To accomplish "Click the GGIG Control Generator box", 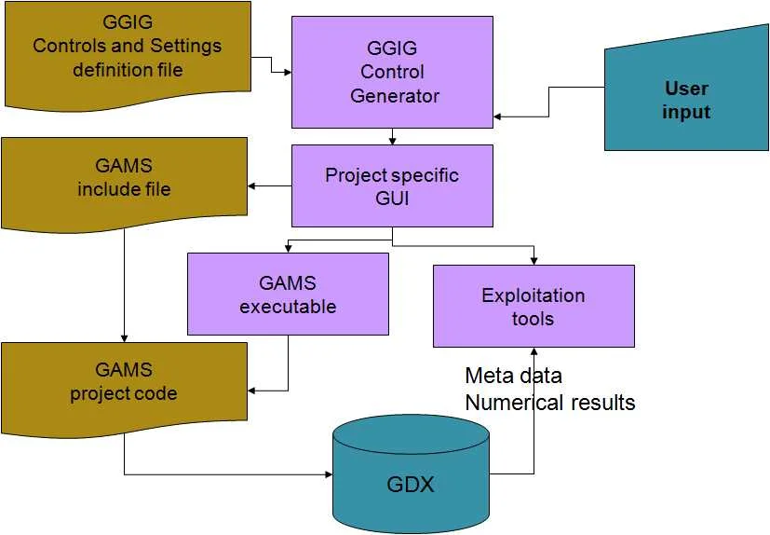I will click(x=392, y=72).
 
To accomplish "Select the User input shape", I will click(x=686, y=100).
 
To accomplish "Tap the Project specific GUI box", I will click(x=392, y=185).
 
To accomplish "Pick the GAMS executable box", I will click(x=288, y=294).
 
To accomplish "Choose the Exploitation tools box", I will click(x=534, y=307).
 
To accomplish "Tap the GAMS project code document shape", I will click(x=124, y=382).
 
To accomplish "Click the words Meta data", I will click(x=513, y=377).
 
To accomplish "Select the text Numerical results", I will click(x=549, y=403).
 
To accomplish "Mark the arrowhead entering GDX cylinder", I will click(x=328, y=474).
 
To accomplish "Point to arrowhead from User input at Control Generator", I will click(x=498, y=116).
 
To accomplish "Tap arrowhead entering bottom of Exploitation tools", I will click(x=534, y=350).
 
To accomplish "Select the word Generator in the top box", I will click(x=395, y=95).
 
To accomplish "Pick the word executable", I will click(x=288, y=306).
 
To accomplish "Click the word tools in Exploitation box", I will click(x=533, y=319).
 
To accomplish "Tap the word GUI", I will click(x=392, y=198).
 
